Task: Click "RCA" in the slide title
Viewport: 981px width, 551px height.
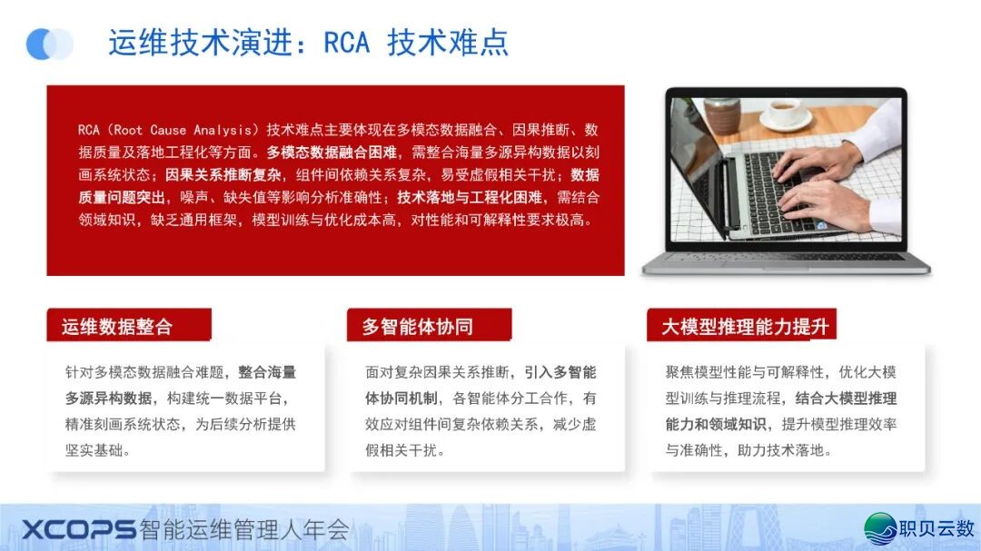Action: click(346, 44)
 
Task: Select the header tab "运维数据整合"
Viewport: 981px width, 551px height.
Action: click(129, 325)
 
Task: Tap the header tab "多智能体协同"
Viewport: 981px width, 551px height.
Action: click(429, 325)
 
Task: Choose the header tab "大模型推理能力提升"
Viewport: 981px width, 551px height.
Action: click(741, 325)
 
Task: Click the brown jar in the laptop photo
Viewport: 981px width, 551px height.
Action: click(722, 115)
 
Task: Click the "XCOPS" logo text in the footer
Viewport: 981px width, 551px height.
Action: click(79, 530)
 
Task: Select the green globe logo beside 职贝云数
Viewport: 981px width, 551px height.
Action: click(880, 528)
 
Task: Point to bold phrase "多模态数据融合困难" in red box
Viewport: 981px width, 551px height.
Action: click(332, 152)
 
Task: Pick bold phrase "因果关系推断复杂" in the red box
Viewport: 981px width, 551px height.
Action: click(223, 174)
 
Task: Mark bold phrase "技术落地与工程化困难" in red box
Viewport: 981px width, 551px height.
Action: click(470, 197)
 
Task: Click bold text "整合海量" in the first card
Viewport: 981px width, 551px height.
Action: click(267, 372)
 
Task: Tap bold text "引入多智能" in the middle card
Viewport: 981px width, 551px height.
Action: click(560, 372)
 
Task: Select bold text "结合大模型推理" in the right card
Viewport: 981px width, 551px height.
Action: click(846, 398)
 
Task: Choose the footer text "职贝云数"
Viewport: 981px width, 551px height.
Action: click(936, 528)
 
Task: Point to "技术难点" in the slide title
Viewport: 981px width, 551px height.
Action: click(448, 44)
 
